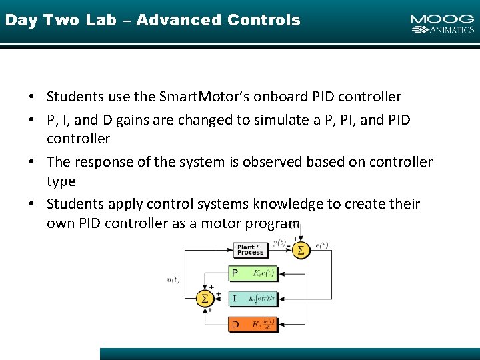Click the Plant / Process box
(x=251, y=250)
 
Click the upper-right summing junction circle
(x=300, y=250)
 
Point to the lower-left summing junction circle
(x=205, y=298)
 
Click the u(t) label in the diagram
(x=173, y=279)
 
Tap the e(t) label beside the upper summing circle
(x=321, y=246)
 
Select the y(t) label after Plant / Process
(x=279, y=242)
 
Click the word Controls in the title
(x=263, y=20)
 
